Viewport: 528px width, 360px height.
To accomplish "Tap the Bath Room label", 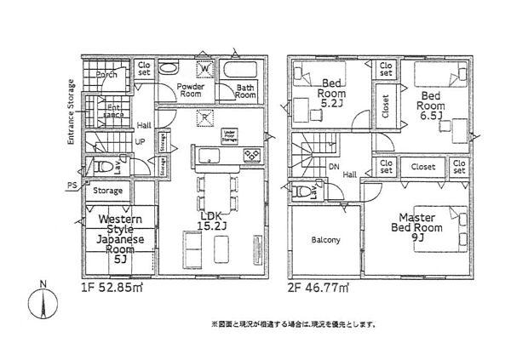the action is click(x=245, y=91).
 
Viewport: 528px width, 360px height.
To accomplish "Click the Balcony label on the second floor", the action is click(x=324, y=240).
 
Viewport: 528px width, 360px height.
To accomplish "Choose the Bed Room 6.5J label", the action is click(x=433, y=103).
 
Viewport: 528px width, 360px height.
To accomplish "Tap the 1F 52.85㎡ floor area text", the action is click(x=113, y=289).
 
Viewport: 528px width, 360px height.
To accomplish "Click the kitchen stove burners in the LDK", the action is click(x=252, y=154).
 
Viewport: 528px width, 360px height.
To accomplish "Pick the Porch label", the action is click(x=106, y=75).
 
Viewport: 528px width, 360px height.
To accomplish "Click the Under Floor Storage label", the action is click(x=228, y=135).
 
